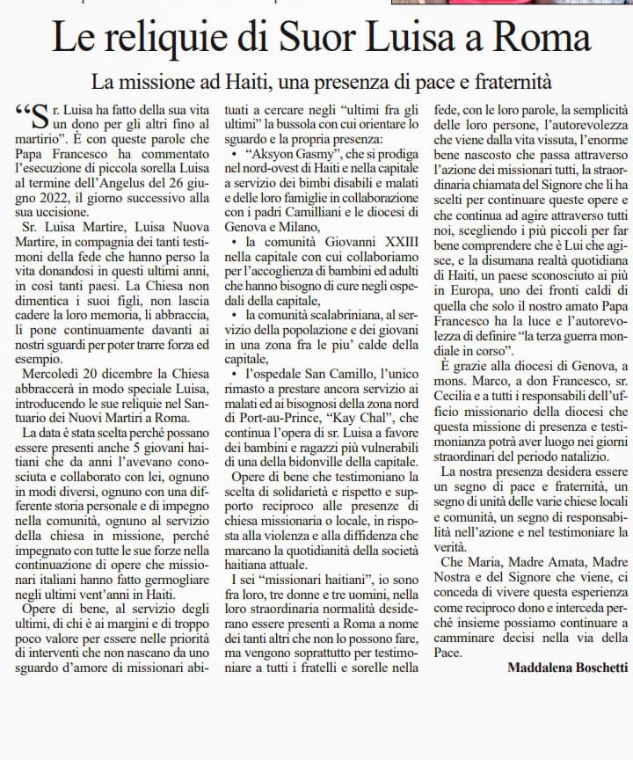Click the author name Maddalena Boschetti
(568, 668)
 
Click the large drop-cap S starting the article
(39, 117)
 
